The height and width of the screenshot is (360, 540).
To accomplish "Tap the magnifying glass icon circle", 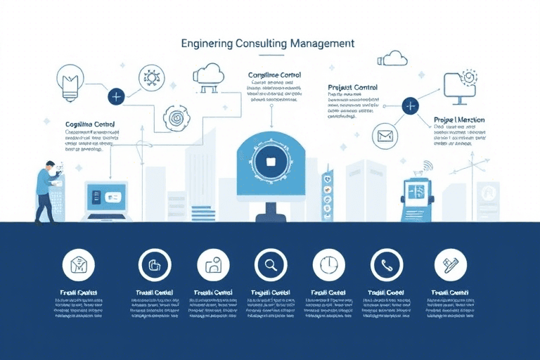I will (x=271, y=265).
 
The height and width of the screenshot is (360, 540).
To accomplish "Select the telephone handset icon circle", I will (x=386, y=265).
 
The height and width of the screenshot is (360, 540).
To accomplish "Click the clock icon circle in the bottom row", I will (x=328, y=265).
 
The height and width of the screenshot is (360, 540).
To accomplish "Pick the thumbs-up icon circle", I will (x=155, y=265).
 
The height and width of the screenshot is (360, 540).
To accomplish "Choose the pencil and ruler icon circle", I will (x=445, y=265).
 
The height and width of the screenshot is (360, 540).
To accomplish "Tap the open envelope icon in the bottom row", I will (x=78, y=265).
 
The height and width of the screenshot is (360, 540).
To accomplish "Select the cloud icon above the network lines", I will (x=208, y=74).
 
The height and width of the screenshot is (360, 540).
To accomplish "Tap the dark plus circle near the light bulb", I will (x=116, y=96).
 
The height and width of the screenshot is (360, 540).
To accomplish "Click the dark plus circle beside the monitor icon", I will (x=411, y=106).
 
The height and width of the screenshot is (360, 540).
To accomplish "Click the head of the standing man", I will (x=49, y=167).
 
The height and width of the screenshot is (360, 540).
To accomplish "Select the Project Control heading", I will (x=352, y=88).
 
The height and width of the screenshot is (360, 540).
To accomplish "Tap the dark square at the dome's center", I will (x=270, y=161).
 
